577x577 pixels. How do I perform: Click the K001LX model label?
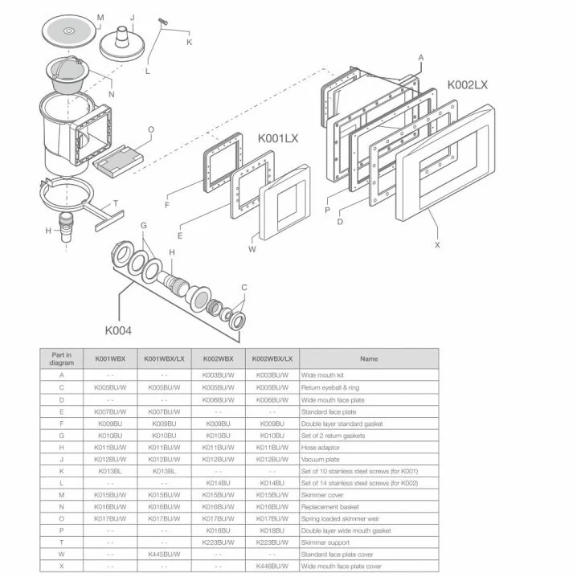click(278, 139)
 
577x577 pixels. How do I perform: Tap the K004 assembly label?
click(118, 329)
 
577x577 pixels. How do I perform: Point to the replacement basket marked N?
click(70, 75)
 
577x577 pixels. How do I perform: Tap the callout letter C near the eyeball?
click(244, 287)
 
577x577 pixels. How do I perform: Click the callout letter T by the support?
click(116, 203)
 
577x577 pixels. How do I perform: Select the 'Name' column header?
click(369, 359)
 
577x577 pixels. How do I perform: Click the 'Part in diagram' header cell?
click(62, 359)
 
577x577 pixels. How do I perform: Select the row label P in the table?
click(62, 530)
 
